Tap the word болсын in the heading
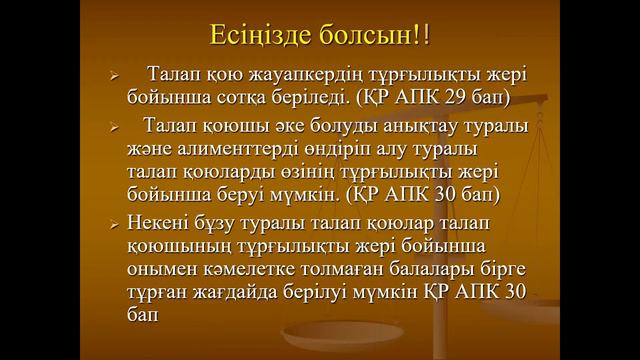coord(363,36)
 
